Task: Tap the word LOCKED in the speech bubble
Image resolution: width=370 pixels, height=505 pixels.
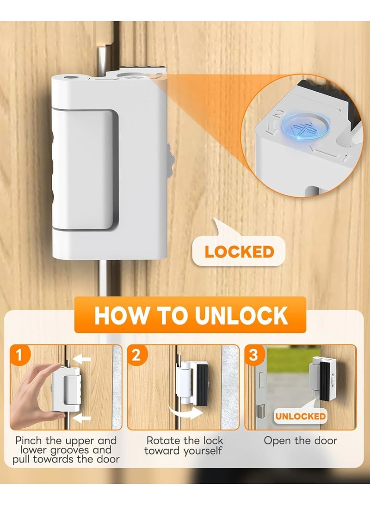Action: point(240,252)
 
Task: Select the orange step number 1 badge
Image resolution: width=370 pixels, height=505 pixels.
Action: point(19,356)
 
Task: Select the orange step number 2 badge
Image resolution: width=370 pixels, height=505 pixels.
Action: point(136,356)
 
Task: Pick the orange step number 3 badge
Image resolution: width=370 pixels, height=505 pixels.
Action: point(253,356)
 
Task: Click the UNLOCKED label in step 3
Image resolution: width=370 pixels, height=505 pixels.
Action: point(301,416)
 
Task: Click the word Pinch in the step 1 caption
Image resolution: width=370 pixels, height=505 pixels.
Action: point(31,441)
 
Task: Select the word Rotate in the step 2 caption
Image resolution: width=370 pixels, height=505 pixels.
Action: point(161,441)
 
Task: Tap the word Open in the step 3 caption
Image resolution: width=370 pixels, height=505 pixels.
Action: point(276,441)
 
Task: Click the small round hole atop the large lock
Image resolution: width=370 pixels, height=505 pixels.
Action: point(70,79)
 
